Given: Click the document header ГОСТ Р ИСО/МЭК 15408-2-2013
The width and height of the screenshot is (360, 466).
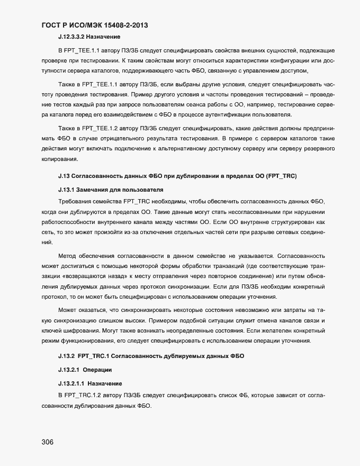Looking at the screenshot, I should coord(98,25).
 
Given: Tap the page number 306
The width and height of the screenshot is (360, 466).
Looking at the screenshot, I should coord(48,443).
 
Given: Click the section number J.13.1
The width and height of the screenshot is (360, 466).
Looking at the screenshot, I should coord(66,189).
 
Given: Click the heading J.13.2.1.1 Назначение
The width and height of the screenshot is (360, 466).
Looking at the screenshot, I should coord(89,383).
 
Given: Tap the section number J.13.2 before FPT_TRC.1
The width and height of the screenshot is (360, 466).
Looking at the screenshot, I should coord(66,355).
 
